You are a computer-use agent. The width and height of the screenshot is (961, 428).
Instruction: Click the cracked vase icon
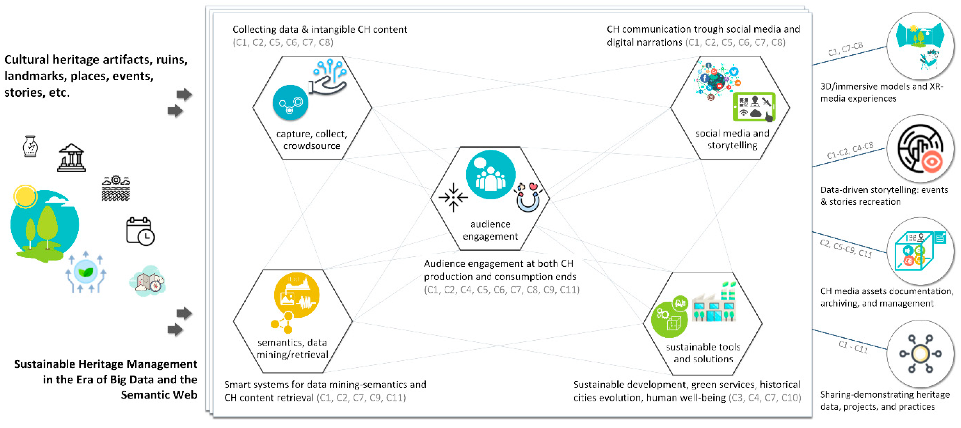pyautogui.click(x=30, y=146)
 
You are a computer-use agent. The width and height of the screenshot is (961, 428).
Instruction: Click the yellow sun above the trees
pyautogui.click(x=25, y=196)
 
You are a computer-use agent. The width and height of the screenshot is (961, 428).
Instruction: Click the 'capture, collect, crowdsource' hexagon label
pyautogui.click(x=311, y=140)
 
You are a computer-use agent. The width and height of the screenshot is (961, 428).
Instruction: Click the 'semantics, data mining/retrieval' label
pyautogui.click(x=292, y=348)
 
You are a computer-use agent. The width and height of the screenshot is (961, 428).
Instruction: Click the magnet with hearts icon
pyautogui.click(x=528, y=197)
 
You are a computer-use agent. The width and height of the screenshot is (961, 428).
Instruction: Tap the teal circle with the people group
pyautogui.click(x=491, y=175)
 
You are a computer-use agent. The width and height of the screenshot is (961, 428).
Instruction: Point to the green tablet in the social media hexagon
pyautogui.click(x=754, y=107)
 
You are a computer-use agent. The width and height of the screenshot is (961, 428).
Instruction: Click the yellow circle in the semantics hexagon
pyautogui.click(x=297, y=295)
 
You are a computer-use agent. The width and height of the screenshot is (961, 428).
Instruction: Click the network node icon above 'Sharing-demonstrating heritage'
pyautogui.click(x=920, y=353)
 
